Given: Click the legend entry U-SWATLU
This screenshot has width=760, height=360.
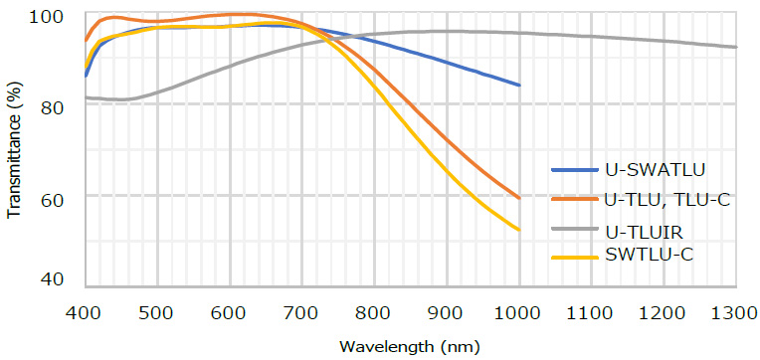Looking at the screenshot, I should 649,171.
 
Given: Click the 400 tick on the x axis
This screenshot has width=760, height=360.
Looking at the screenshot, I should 86,314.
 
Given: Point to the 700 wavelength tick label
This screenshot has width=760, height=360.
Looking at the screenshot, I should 302,314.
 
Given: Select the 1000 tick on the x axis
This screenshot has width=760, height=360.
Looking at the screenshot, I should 519,314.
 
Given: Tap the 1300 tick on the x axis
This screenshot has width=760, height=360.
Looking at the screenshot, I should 736,314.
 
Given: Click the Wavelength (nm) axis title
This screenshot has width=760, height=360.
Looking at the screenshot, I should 410,347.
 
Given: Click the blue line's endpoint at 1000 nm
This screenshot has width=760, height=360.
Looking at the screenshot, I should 519,86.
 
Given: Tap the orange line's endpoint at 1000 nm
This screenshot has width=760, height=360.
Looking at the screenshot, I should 519,198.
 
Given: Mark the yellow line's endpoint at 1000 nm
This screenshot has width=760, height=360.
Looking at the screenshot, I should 519,231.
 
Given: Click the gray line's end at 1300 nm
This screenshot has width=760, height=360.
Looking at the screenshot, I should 736,47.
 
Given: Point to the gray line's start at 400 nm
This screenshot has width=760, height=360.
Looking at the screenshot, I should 87,97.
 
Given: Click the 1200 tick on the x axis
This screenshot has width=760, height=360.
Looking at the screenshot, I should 664,314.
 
